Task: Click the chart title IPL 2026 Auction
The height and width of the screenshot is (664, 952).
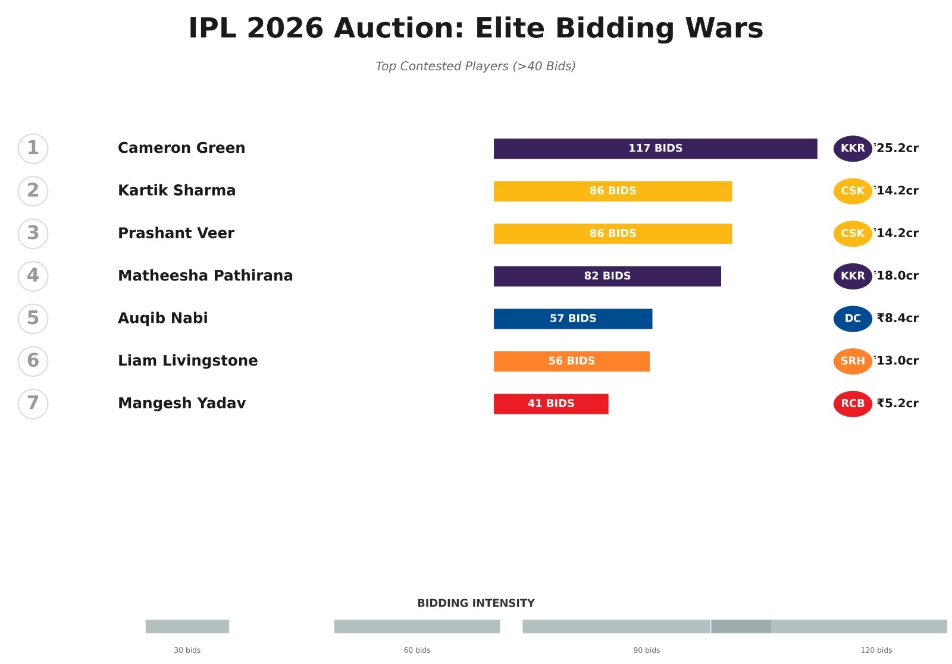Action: click(x=475, y=28)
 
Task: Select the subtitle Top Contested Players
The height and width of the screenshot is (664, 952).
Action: click(x=475, y=66)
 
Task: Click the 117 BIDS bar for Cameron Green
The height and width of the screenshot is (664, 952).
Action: click(x=655, y=149)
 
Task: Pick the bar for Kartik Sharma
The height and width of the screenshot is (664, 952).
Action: click(x=612, y=191)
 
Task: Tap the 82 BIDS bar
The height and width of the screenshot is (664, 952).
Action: click(x=607, y=276)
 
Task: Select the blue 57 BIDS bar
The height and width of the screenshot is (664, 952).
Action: click(x=572, y=319)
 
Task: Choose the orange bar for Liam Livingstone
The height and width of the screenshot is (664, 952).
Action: click(x=571, y=361)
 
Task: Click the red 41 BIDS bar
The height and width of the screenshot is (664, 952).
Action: click(x=550, y=404)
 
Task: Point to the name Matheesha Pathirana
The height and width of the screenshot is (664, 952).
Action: click(x=205, y=276)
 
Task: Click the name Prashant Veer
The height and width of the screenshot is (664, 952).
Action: click(x=176, y=233)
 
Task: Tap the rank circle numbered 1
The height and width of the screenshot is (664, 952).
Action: click(x=33, y=149)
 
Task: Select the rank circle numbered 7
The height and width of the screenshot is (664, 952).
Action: click(x=33, y=404)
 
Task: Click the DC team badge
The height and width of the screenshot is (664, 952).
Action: click(x=852, y=319)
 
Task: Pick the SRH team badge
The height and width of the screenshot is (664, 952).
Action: click(x=852, y=361)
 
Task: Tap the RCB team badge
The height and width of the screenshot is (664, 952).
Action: click(x=852, y=404)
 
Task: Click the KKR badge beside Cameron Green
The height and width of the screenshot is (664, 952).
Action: click(x=852, y=149)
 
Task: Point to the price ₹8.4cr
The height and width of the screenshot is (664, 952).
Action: click(x=897, y=319)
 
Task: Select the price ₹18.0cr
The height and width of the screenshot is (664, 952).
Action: click(x=897, y=276)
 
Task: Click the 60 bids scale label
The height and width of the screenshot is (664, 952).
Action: click(x=416, y=650)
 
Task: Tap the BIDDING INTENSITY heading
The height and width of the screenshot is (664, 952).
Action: click(x=475, y=603)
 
